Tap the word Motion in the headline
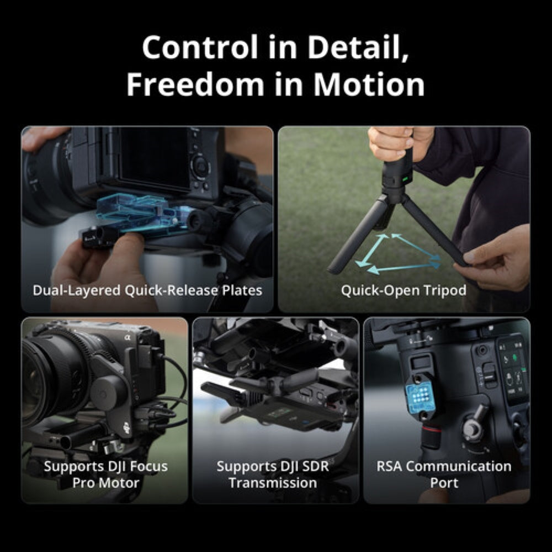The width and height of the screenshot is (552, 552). (x=369, y=85)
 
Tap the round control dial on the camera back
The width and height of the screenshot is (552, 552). (x=200, y=165)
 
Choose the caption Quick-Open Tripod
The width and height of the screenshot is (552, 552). (x=404, y=290)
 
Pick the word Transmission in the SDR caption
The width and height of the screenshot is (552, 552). (x=273, y=483)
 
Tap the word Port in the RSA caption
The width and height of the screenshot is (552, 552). (x=444, y=483)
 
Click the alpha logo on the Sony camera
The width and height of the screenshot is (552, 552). (x=127, y=335)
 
